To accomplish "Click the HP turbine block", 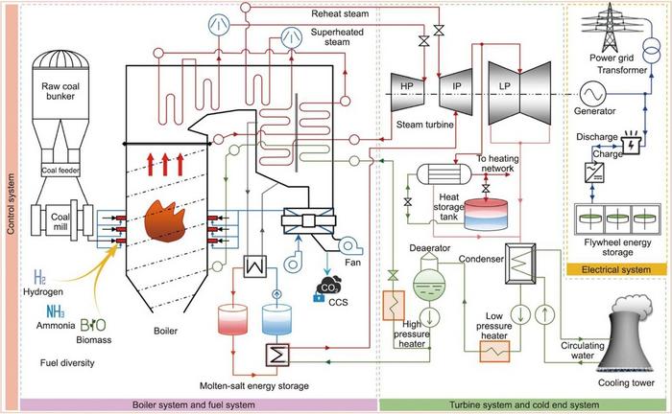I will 405,84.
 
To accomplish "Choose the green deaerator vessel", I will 425,263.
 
